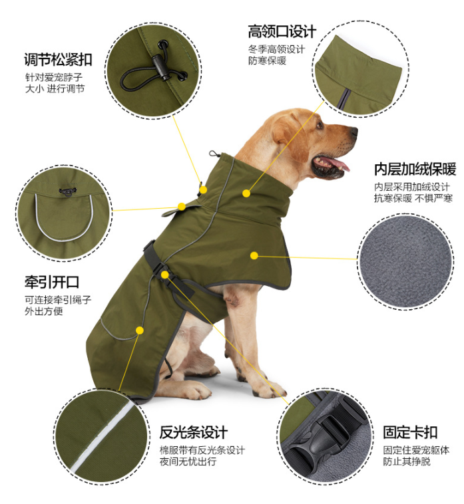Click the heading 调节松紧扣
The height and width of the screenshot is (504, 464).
point(58,60)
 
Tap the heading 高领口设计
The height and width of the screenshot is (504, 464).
point(282,31)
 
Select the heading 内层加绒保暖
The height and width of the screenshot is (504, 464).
point(415,169)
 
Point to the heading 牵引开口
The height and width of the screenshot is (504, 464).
point(52,282)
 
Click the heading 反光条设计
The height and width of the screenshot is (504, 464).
point(194,432)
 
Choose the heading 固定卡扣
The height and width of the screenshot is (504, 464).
point(410,432)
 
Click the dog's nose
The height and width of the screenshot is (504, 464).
point(353,131)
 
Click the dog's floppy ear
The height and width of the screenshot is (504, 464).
point(290,138)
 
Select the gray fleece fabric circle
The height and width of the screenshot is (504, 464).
point(406,262)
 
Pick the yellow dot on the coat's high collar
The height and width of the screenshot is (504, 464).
point(246,193)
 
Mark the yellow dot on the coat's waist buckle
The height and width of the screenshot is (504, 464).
point(164,275)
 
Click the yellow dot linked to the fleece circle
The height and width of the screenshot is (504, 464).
point(254,255)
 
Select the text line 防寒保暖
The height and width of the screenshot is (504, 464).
point(267,61)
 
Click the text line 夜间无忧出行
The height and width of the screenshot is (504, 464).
point(188,461)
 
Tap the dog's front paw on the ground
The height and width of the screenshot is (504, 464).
point(272,389)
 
